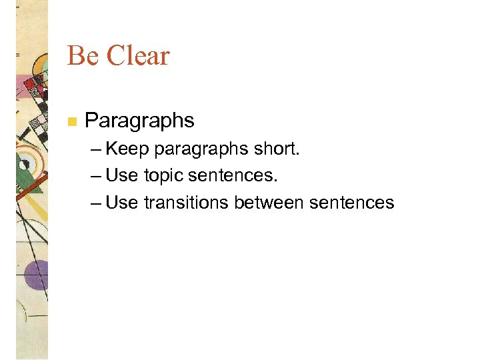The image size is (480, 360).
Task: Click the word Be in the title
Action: [83, 56]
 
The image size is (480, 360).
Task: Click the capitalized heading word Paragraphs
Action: [140, 121]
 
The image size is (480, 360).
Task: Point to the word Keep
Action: [127, 149]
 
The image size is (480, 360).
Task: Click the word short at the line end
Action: [277, 149]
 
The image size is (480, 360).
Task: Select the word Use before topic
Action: [121, 176]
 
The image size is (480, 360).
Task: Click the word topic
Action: [164, 177]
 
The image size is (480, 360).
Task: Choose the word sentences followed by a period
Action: [233, 176]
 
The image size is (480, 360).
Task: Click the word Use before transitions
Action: [121, 203]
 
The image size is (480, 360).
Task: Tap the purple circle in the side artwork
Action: [37, 273]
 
